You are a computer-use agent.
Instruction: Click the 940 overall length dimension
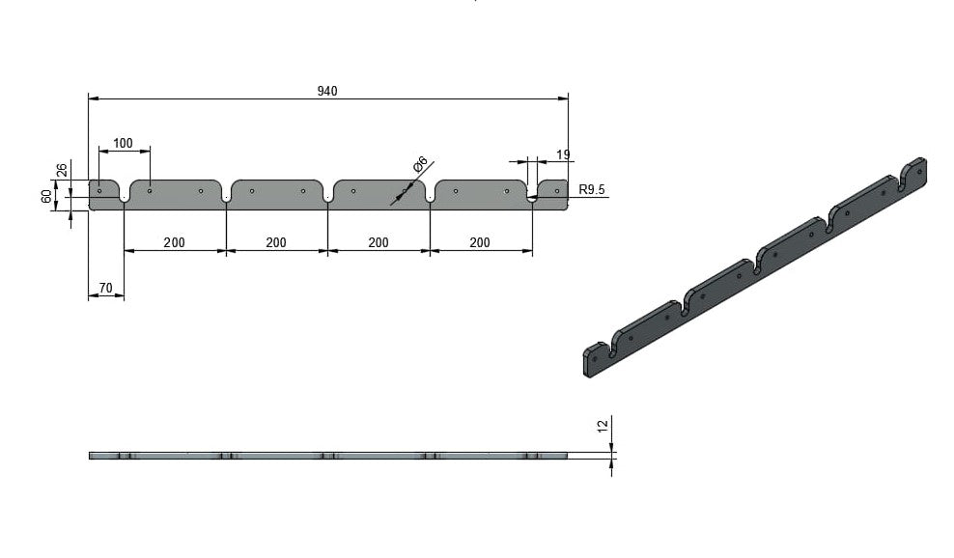(x=327, y=92)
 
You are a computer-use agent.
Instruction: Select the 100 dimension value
(x=123, y=143)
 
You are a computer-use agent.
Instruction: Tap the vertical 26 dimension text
(x=62, y=170)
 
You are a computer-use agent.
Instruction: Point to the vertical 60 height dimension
(x=46, y=197)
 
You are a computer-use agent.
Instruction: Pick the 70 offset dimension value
(x=105, y=288)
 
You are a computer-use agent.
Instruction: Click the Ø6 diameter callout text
(x=420, y=164)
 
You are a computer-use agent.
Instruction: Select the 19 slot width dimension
(x=563, y=154)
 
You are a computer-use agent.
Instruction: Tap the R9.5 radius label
(x=592, y=189)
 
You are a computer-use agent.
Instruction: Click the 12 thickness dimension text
(x=603, y=426)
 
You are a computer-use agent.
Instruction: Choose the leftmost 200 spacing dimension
(x=174, y=242)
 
